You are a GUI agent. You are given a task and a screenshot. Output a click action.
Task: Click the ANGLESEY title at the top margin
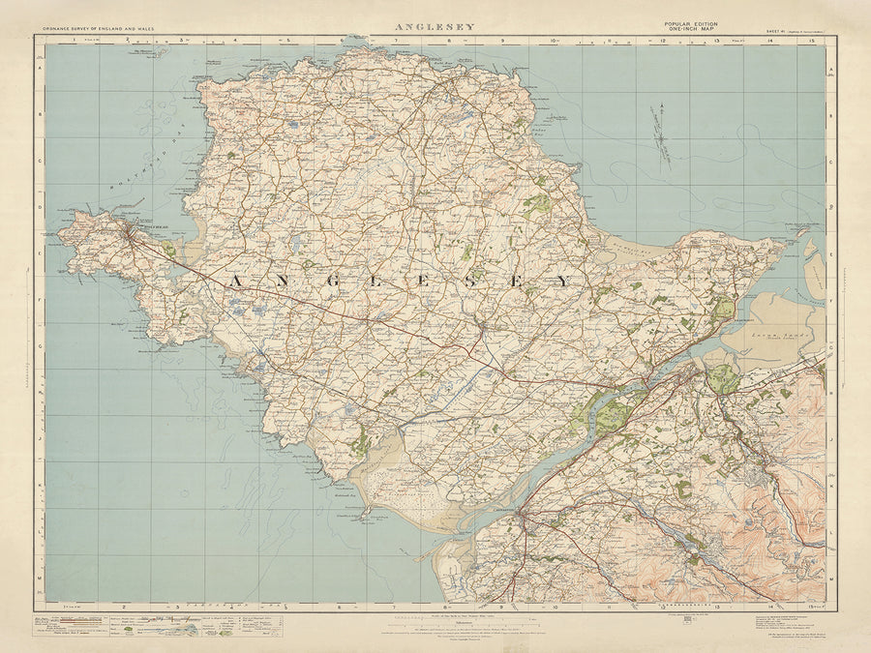tap(435, 27)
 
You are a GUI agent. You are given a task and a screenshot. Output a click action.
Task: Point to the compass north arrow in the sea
tap(662, 136)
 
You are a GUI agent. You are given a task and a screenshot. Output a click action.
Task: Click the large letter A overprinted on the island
tap(236, 281)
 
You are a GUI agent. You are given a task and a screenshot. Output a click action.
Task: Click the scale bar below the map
tap(435, 615)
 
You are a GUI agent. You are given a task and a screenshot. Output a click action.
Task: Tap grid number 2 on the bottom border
tap(126, 608)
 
